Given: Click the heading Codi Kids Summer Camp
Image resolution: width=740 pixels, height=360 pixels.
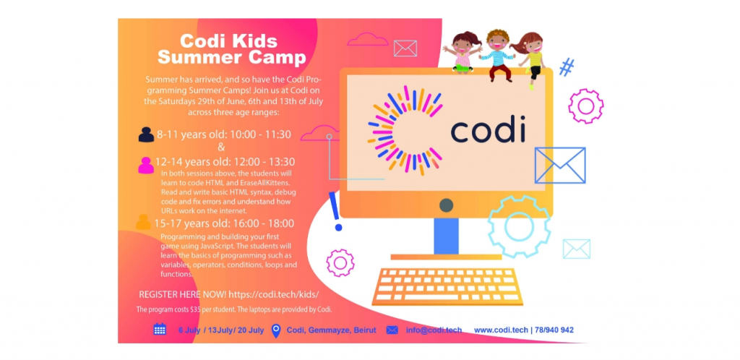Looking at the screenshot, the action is coord(232,50).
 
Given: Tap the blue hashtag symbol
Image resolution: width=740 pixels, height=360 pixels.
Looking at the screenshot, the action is coord(567,67).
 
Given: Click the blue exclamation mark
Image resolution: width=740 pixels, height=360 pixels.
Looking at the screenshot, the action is coord(336,211).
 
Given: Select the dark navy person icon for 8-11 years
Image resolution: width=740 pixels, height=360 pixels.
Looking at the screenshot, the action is coord(146,135).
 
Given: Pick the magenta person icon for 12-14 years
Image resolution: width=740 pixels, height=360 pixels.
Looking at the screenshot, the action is coord(146,166).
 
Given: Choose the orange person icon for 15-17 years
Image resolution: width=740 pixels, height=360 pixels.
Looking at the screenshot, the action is coord(144,222).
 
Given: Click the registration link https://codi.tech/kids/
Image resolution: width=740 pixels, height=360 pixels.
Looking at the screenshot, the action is coord(274,294).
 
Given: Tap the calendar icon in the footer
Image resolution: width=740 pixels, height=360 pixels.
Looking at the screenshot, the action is coord(160,330).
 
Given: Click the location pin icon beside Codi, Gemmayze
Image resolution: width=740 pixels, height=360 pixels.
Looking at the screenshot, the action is coord(277,330).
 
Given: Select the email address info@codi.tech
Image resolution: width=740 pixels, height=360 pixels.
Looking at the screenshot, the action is coord(434,330).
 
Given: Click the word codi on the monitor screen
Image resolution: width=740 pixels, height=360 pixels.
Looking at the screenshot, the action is coord(488,131).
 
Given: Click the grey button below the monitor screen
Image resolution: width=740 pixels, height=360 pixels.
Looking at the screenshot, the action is coord(446,205).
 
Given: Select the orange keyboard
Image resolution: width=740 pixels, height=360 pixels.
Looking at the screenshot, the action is coord(447,286).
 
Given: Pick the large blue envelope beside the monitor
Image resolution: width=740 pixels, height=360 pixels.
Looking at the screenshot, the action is coord(560,165).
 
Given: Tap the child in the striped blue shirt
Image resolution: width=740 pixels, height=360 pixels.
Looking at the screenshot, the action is coord(496,55).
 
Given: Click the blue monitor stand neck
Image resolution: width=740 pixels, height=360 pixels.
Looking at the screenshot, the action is coord(446,236).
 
